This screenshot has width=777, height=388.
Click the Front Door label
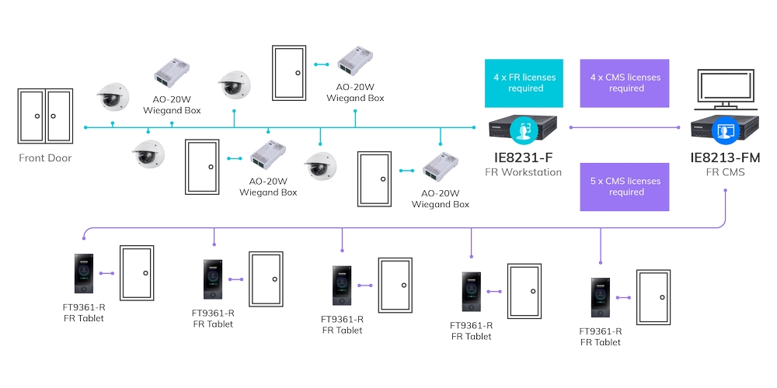click(45, 158)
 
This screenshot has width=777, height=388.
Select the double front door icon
click(44, 116)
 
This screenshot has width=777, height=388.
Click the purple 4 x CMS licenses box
click(624, 83)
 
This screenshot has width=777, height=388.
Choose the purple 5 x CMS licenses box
click(624, 187)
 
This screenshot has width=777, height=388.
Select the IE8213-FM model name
click(724, 158)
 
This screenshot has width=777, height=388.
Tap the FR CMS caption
click(724, 172)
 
